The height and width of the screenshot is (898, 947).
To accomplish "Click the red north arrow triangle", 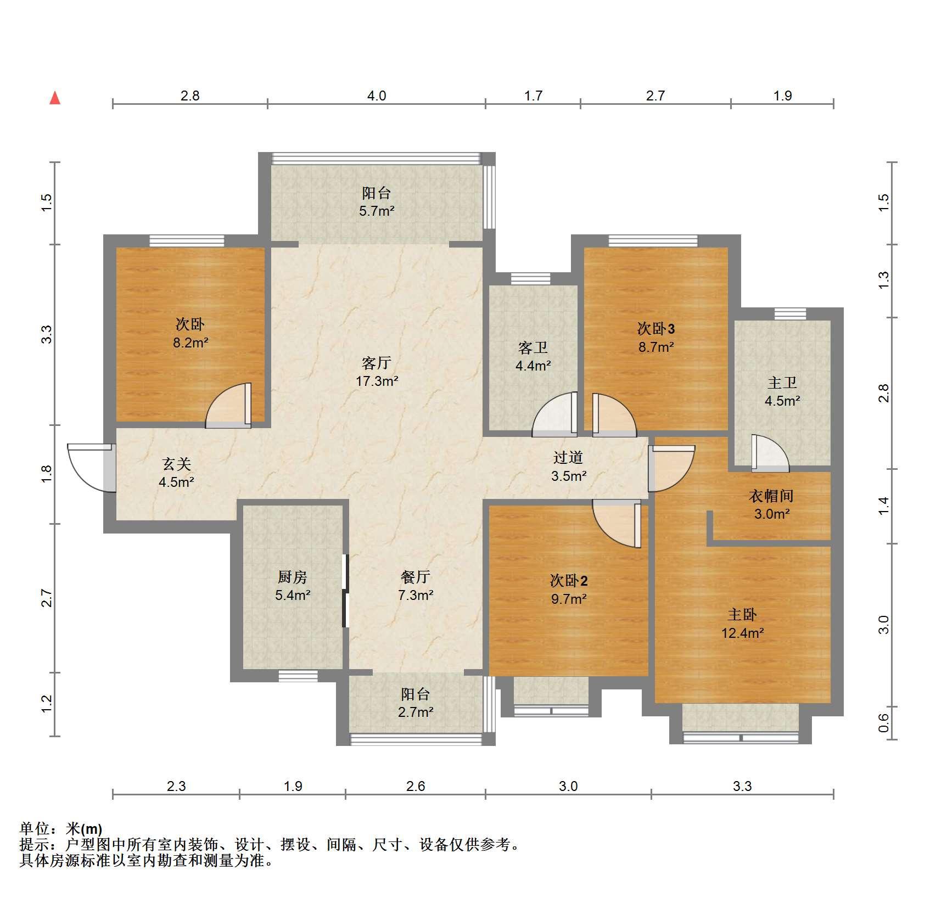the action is tap(55, 98).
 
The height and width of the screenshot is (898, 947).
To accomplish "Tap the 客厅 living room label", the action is tap(376, 363).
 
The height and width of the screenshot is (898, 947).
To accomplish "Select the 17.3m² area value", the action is tap(377, 381).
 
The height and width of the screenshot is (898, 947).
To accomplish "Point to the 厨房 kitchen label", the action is tap(293, 577).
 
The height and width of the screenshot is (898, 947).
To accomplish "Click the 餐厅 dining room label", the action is tap(416, 577).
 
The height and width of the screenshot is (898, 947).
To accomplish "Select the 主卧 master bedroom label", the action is tap(742, 615).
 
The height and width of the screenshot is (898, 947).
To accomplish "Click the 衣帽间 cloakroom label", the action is tap(771, 496).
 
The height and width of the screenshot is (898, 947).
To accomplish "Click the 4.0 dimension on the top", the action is tap(376, 96).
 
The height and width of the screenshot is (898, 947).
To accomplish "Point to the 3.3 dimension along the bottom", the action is tap(742, 787).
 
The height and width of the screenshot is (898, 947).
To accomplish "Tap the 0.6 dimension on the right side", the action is tap(883, 722).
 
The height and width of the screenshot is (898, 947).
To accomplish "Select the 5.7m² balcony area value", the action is tap(377, 211).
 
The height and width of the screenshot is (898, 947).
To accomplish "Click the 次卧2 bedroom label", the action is tap(569, 580).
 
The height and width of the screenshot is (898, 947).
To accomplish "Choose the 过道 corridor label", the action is tap(568, 457).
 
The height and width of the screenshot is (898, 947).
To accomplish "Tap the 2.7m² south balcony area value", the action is tap(416, 712).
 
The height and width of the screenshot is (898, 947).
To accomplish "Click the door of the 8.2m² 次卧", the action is tap(228, 406).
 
